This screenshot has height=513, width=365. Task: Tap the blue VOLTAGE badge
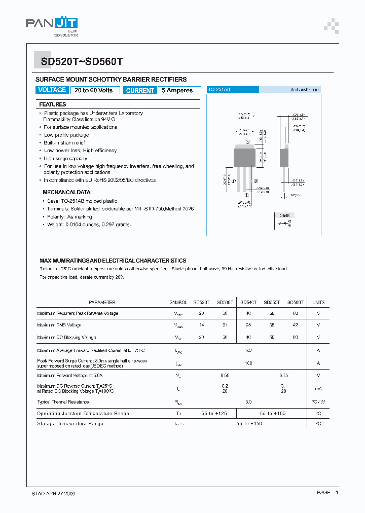click(x=52, y=90)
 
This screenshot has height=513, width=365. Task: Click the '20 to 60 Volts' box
click(x=94, y=90)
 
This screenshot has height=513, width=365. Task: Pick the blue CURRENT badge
click(x=140, y=91)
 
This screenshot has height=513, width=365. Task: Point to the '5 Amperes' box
click(x=177, y=91)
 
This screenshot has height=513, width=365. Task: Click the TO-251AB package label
click(x=220, y=89)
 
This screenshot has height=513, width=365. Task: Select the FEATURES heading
click(x=52, y=104)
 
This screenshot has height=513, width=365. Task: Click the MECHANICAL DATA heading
click(x=66, y=193)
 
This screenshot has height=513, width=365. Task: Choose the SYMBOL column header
click(x=178, y=302)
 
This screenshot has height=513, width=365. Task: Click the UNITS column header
click(x=318, y=302)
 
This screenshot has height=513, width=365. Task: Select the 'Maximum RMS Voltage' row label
click(x=59, y=325)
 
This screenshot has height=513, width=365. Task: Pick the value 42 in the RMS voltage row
click(x=296, y=325)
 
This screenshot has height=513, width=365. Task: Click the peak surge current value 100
click(x=248, y=363)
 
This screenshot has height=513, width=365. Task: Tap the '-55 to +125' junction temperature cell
click(x=213, y=414)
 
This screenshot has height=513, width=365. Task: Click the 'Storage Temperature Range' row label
click(x=70, y=423)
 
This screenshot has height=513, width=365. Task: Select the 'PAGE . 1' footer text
click(x=327, y=493)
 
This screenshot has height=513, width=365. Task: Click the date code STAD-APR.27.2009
click(x=50, y=493)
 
